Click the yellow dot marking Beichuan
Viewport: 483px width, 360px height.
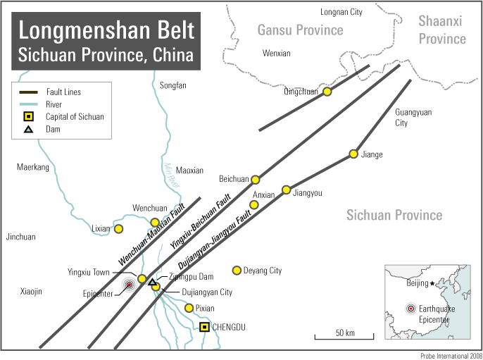(x=256, y=180)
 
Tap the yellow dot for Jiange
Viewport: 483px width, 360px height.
(x=353, y=154)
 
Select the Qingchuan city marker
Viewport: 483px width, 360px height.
(x=327, y=91)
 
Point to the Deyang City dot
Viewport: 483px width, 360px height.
(x=237, y=270)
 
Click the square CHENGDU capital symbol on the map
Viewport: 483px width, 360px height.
(x=204, y=327)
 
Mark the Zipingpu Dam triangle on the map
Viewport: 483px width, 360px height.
(x=151, y=282)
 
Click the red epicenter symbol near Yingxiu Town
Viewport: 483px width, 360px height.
(x=129, y=285)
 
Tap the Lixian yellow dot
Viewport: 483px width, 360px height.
(x=119, y=228)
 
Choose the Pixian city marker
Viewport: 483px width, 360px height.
(x=189, y=308)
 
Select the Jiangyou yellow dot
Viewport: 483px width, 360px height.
(x=286, y=190)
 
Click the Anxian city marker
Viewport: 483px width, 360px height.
(x=254, y=204)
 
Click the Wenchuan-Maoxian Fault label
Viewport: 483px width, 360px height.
(x=151, y=235)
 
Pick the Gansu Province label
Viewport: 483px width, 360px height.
(x=300, y=30)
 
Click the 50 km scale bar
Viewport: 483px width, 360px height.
(x=344, y=337)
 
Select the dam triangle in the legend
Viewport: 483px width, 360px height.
(x=28, y=129)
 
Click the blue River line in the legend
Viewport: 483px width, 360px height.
(x=28, y=104)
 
